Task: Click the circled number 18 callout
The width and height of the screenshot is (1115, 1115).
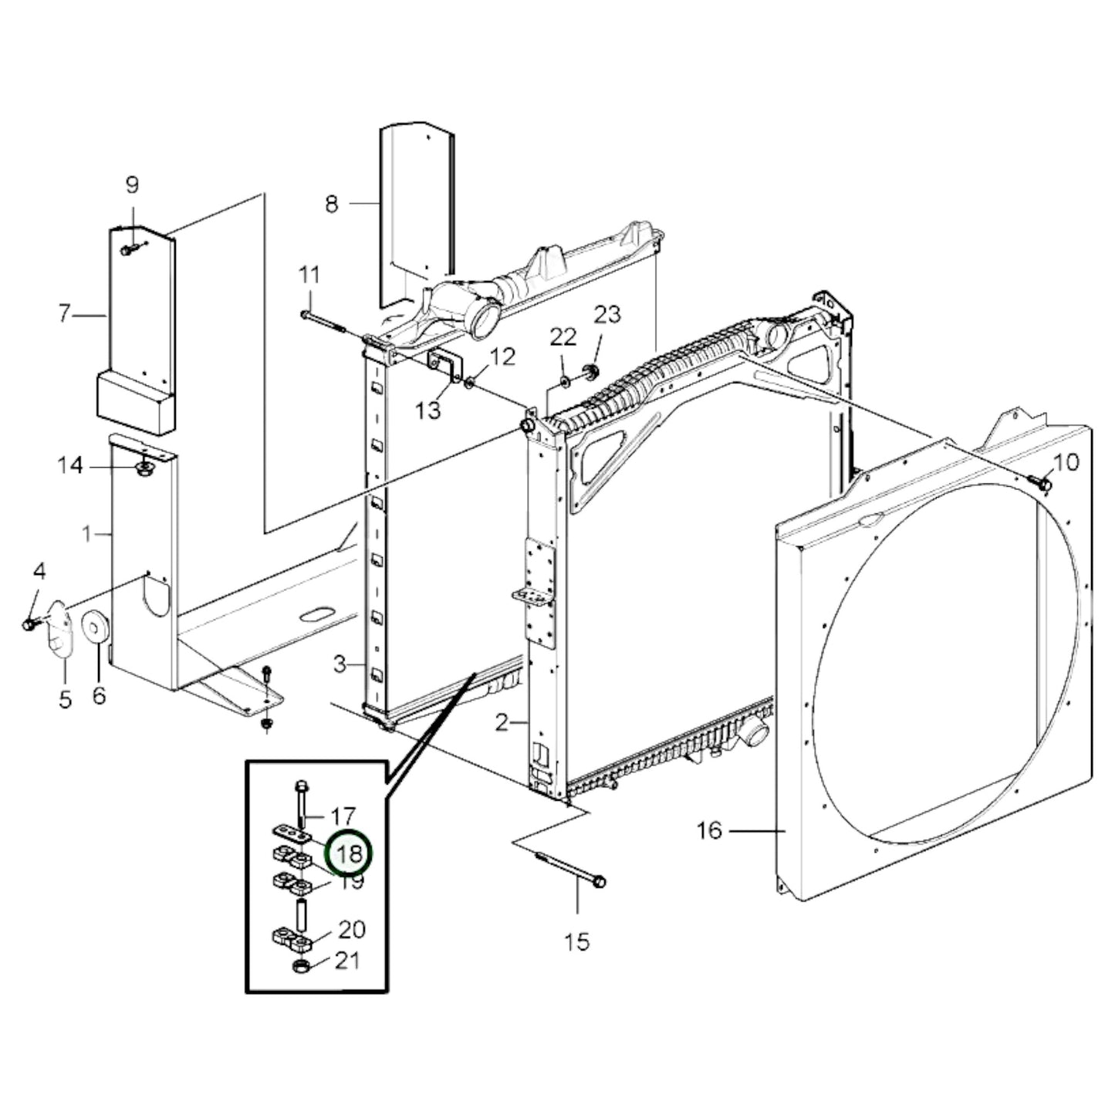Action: point(349,853)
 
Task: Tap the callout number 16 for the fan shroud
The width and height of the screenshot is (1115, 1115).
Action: point(709,830)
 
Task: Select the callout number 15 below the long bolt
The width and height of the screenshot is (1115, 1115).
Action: point(577,941)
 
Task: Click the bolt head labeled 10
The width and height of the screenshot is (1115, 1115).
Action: point(1044,483)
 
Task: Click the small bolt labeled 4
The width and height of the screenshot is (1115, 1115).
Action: point(29,623)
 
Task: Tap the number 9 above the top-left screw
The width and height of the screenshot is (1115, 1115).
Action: point(132,185)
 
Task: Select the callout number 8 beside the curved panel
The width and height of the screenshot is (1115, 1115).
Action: point(331,204)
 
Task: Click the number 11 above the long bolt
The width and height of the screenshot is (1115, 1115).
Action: point(309,275)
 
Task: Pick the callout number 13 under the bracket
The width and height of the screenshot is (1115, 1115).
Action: point(427,410)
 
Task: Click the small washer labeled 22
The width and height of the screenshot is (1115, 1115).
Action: point(564,380)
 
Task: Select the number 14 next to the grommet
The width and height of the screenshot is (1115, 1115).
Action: point(70,466)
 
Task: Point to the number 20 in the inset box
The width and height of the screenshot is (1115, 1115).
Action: point(352,930)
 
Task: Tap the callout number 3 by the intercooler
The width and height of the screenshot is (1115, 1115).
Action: point(340,664)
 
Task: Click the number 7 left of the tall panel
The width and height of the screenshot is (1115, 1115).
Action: point(65,314)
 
